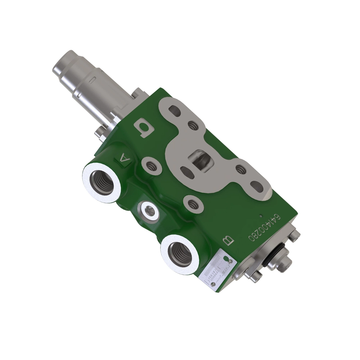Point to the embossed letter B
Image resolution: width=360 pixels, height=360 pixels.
pos(228,241)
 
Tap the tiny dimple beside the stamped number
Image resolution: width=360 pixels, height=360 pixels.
pos(261,215)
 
